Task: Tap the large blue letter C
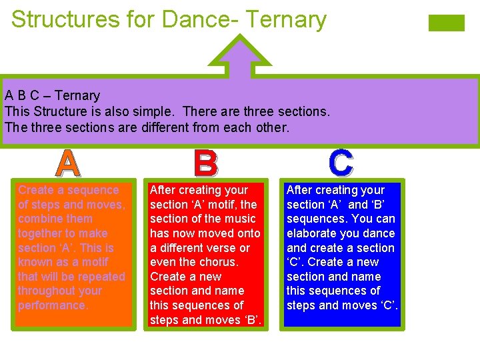[x=341, y=163]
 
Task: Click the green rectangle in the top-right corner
[x=446, y=23]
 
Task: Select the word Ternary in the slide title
[x=286, y=19]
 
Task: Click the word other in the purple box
[x=271, y=126]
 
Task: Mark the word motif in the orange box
[x=95, y=262]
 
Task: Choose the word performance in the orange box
[x=53, y=305]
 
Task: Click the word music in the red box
[x=239, y=219]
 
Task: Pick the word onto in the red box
[x=248, y=233]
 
